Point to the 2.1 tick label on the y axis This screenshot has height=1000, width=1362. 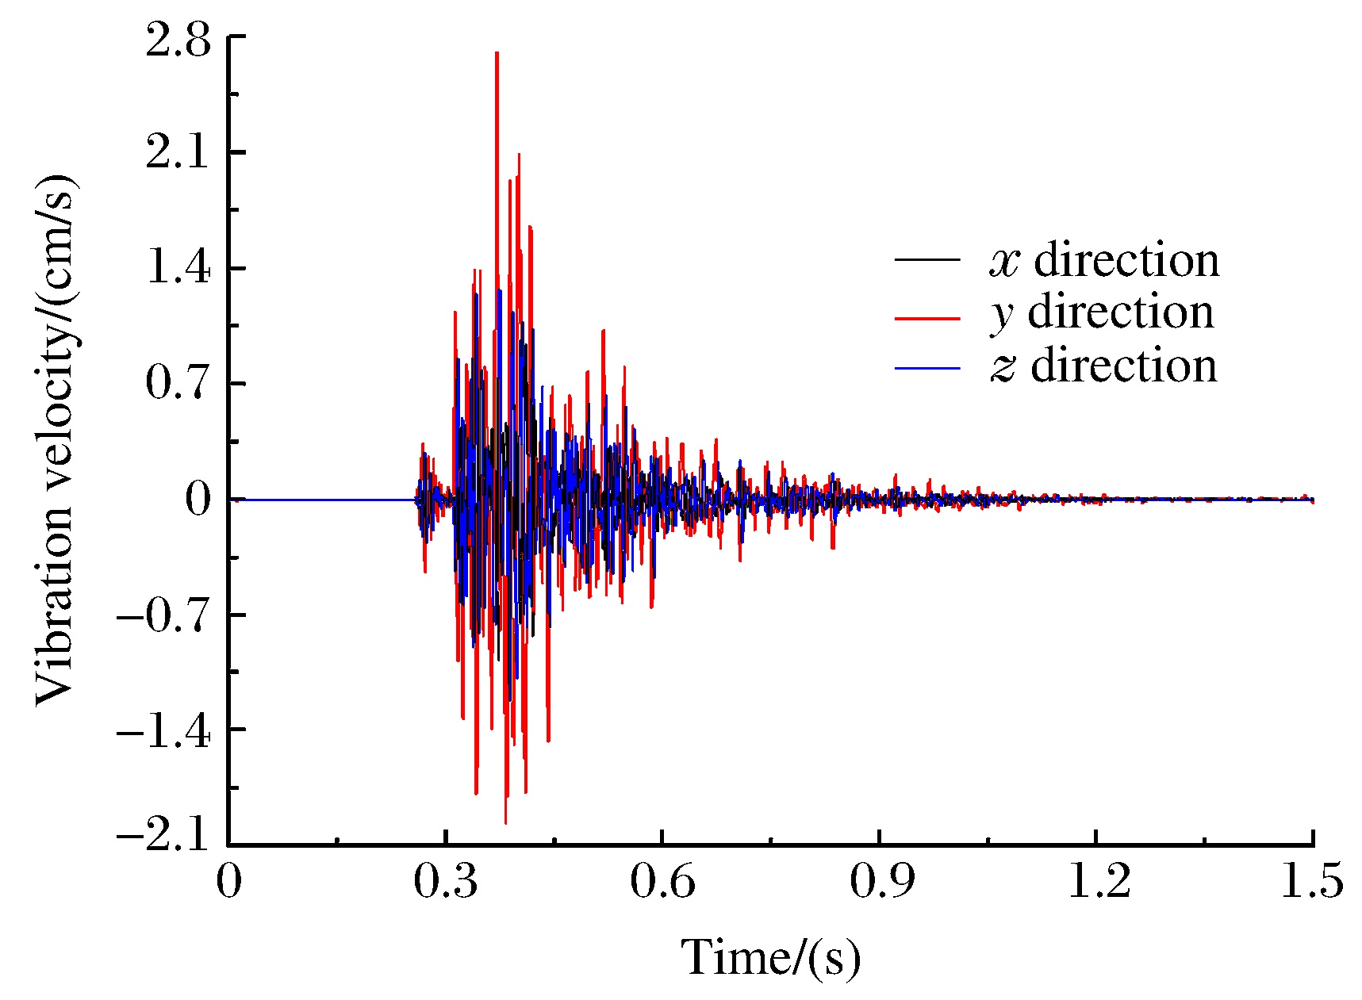point(178,153)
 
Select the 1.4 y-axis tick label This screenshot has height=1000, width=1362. point(178,269)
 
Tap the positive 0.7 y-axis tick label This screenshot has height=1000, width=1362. point(178,384)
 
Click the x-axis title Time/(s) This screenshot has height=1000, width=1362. point(770,957)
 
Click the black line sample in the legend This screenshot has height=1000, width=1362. point(927,259)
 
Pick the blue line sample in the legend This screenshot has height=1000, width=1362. point(927,368)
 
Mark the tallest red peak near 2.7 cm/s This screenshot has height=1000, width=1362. point(497,55)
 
